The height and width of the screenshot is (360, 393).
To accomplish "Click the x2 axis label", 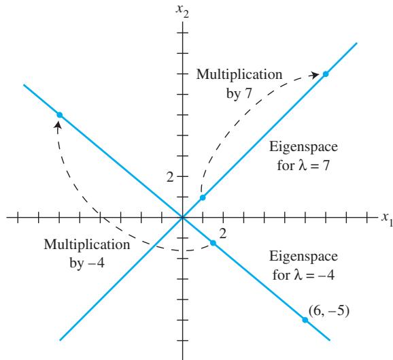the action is [182, 11].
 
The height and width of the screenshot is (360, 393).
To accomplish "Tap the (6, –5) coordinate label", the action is [328, 311].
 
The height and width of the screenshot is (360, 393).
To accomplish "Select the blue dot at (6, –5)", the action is [305, 320].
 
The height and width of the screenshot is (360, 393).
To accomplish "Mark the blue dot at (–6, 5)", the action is [59, 115].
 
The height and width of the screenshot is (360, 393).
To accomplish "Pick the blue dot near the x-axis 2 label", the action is [213, 243].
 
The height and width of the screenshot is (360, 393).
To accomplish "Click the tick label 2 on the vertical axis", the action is [170, 177].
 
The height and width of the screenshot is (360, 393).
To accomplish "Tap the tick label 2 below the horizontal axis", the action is [223, 233].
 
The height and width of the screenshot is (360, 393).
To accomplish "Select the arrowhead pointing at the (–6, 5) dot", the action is [58, 125].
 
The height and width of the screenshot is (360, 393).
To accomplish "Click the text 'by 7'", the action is [239, 94].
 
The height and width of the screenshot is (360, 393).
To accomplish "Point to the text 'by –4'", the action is [87, 263].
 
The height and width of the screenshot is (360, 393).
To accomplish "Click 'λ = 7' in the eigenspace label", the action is [314, 166].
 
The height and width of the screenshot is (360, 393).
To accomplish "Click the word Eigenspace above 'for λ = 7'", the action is [303, 147].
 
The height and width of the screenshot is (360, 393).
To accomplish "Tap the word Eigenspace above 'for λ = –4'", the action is [303, 257].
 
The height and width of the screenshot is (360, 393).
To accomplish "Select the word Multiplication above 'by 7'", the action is [239, 74].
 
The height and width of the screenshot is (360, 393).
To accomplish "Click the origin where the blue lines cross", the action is [183, 218].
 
